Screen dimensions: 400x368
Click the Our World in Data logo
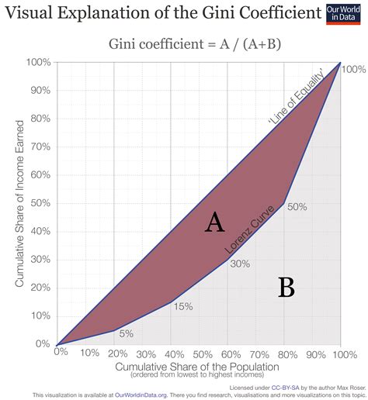tap(345, 16)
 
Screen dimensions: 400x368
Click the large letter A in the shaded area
tap(214, 223)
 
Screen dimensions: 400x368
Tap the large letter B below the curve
tap(286, 288)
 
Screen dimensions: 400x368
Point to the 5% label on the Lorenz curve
tap(127, 333)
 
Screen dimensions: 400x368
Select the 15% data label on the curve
tap(183, 306)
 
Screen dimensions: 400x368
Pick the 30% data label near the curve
tap(240, 264)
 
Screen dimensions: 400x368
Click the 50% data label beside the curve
tap(297, 207)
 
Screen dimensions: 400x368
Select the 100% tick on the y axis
tap(38, 62)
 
